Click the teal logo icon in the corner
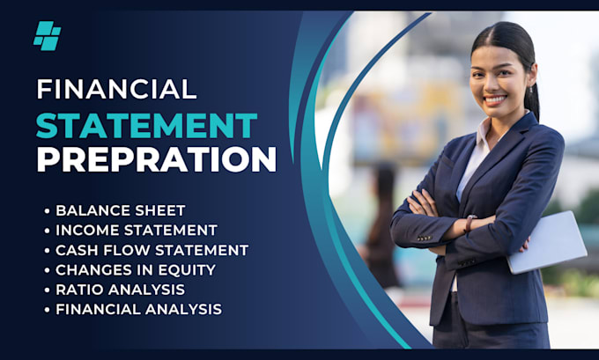[47, 35]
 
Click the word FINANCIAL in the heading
[117, 89]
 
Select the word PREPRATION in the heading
[156, 159]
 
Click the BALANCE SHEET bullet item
[120, 209]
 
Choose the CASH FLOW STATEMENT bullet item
[152, 250]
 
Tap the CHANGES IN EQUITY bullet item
[135, 269]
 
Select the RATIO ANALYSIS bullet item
[120, 289]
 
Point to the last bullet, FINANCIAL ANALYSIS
[138, 309]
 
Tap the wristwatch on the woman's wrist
[470, 224]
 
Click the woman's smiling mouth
[495, 99]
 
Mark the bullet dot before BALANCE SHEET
[46, 210]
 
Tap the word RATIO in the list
[78, 289]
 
